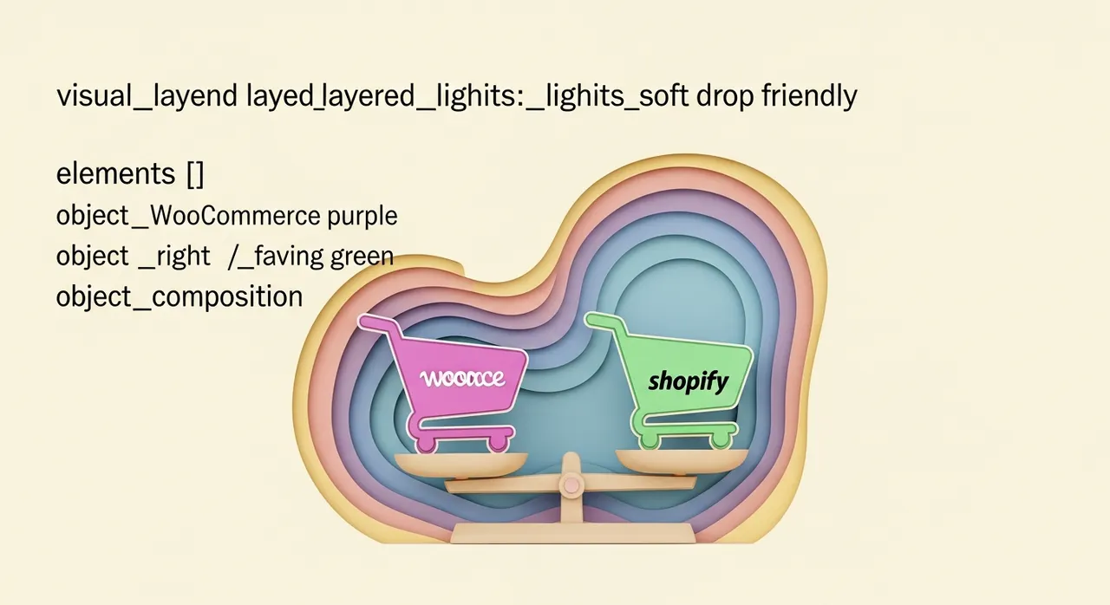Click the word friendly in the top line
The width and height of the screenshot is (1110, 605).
click(808, 96)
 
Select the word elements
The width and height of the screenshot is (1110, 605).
click(115, 174)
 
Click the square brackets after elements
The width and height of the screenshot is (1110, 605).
click(195, 174)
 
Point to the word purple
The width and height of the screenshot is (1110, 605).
click(362, 215)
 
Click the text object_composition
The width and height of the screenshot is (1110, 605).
click(180, 297)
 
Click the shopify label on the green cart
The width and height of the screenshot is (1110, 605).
click(689, 381)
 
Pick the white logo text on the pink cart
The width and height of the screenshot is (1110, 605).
click(461, 378)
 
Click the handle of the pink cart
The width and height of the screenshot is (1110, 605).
click(373, 322)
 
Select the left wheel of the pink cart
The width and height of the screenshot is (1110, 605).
click(426, 444)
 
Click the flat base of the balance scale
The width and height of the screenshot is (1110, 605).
click(572, 532)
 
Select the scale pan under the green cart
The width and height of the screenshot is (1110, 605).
click(682, 459)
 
